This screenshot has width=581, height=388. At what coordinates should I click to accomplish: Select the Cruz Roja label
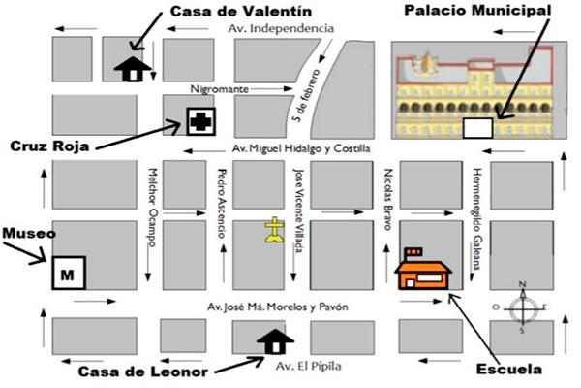[x=49, y=146]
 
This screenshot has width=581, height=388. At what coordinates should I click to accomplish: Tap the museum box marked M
[x=68, y=273]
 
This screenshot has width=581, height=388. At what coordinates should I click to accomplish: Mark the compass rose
[x=523, y=308]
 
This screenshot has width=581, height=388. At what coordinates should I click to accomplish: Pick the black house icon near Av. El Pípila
[x=274, y=341]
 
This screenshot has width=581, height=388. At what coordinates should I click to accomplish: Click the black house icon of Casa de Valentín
[x=132, y=68]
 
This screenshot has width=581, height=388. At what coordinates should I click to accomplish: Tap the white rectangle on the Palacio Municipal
[x=475, y=127]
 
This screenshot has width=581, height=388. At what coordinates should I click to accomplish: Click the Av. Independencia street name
[x=281, y=29]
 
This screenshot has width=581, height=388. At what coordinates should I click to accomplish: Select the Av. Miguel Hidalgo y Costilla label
[x=302, y=148]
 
